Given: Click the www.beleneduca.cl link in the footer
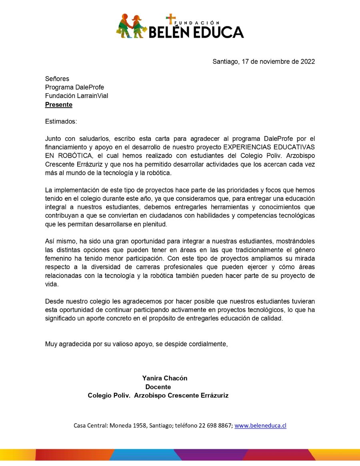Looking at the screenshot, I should (260, 426).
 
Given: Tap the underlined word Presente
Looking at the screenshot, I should (59, 105).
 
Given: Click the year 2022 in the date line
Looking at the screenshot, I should (307, 62).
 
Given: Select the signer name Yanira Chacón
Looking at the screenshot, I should (165, 378).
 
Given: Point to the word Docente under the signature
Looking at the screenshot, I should (158, 387).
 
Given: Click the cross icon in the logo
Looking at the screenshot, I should (171, 19).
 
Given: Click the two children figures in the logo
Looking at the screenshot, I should (131, 26).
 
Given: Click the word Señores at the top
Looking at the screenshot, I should (57, 79).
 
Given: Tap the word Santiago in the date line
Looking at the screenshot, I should (226, 62).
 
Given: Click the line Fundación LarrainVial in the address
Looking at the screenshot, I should (76, 96).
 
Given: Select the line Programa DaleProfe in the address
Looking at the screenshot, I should (74, 87).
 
